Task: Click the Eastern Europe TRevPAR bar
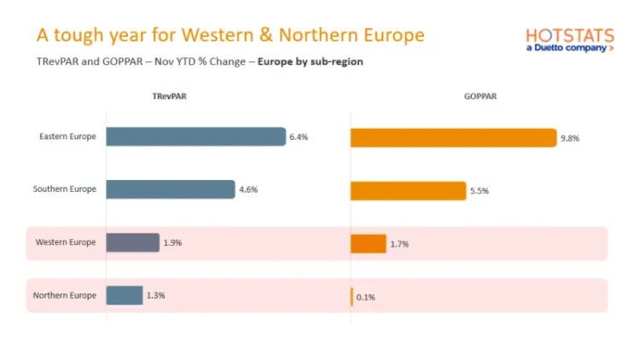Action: [195, 136]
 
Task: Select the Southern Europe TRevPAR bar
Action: [170, 189]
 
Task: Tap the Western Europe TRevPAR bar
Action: [132, 243]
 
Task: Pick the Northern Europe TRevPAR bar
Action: [124, 295]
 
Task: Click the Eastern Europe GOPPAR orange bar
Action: [453, 137]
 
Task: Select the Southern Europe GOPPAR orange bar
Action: [408, 191]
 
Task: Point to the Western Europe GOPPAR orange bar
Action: [368, 244]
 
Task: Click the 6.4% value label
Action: [299, 136]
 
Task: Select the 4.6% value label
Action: [247, 189]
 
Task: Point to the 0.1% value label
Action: [365, 298]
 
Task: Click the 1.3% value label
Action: [155, 295]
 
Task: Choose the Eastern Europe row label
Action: [67, 136]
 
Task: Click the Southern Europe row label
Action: [65, 189]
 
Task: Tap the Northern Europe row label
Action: [65, 296]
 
